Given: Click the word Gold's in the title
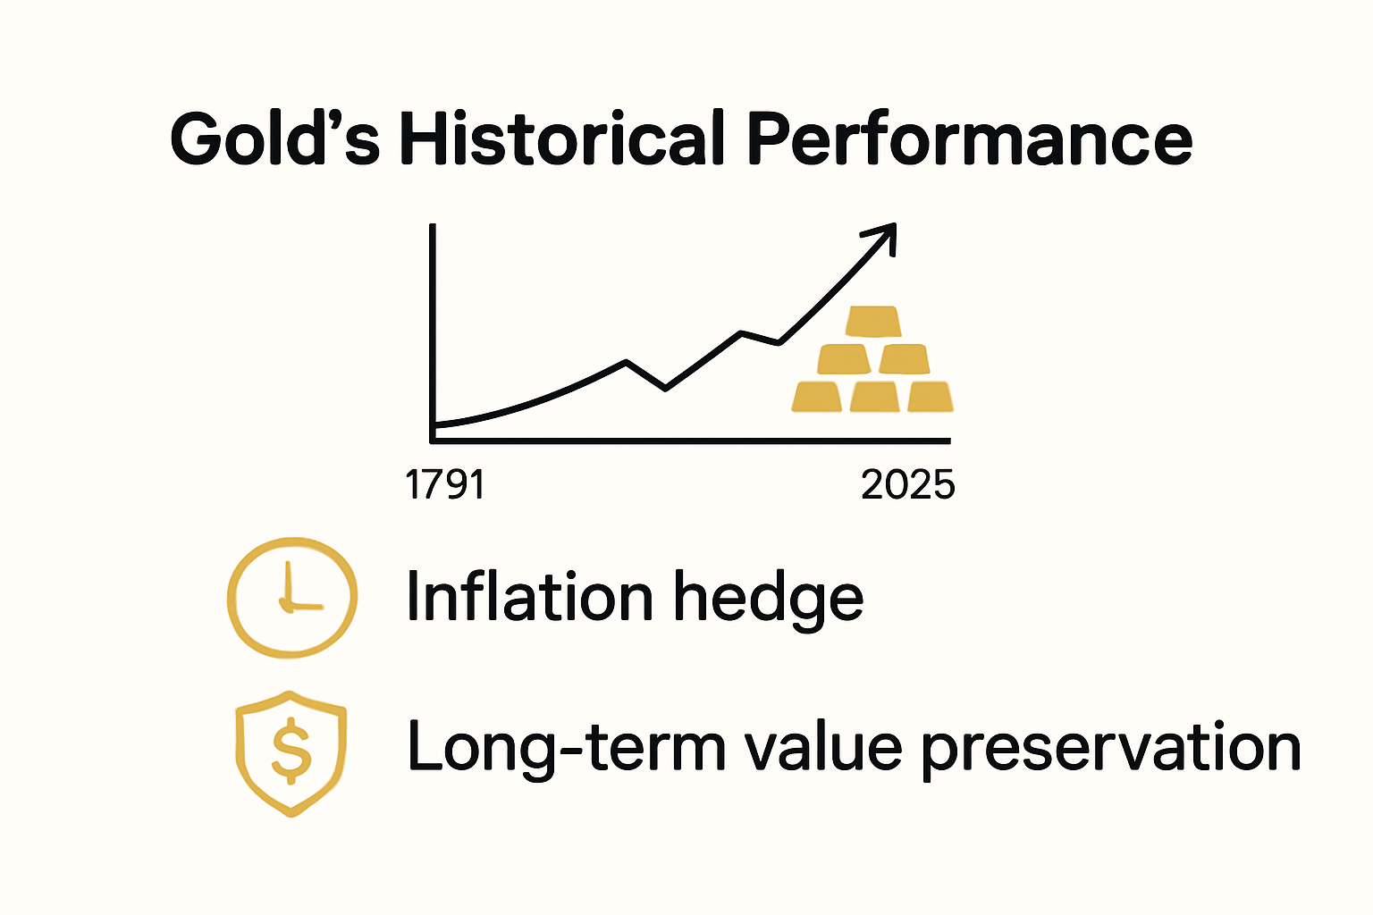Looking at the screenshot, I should coord(274,139).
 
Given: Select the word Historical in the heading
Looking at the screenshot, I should coord(560,139).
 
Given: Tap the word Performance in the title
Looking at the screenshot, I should coord(969,139).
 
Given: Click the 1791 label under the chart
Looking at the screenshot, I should coord(444,485).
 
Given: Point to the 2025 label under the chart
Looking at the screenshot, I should coord(907,485).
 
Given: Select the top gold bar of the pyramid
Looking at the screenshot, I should coord(873,321).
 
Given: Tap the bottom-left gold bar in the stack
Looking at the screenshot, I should coord(817,396).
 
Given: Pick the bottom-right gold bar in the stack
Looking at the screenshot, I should coord(930,396).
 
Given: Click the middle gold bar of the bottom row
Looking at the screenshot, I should coord(874,396).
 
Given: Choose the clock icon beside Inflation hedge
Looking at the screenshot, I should coord(292,597).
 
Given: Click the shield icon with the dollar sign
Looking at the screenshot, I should coord(291,752).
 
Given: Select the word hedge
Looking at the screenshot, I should coord(768,599).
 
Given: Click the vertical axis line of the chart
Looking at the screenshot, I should coord(433,331).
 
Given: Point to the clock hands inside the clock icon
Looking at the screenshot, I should coord(291,595).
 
